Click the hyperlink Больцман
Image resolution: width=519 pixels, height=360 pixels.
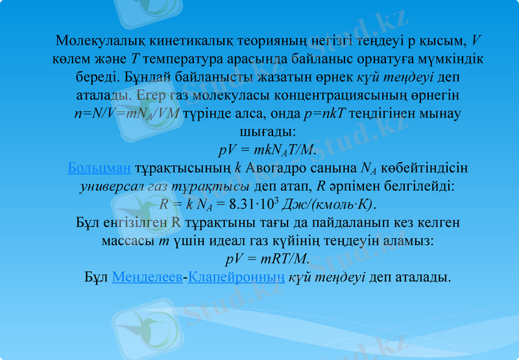coord(99,169)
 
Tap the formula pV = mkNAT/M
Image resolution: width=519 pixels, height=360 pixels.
coord(267,150)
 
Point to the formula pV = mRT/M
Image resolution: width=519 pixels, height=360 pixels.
coord(267,259)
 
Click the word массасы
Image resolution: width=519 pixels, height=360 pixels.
coord(128,241)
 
